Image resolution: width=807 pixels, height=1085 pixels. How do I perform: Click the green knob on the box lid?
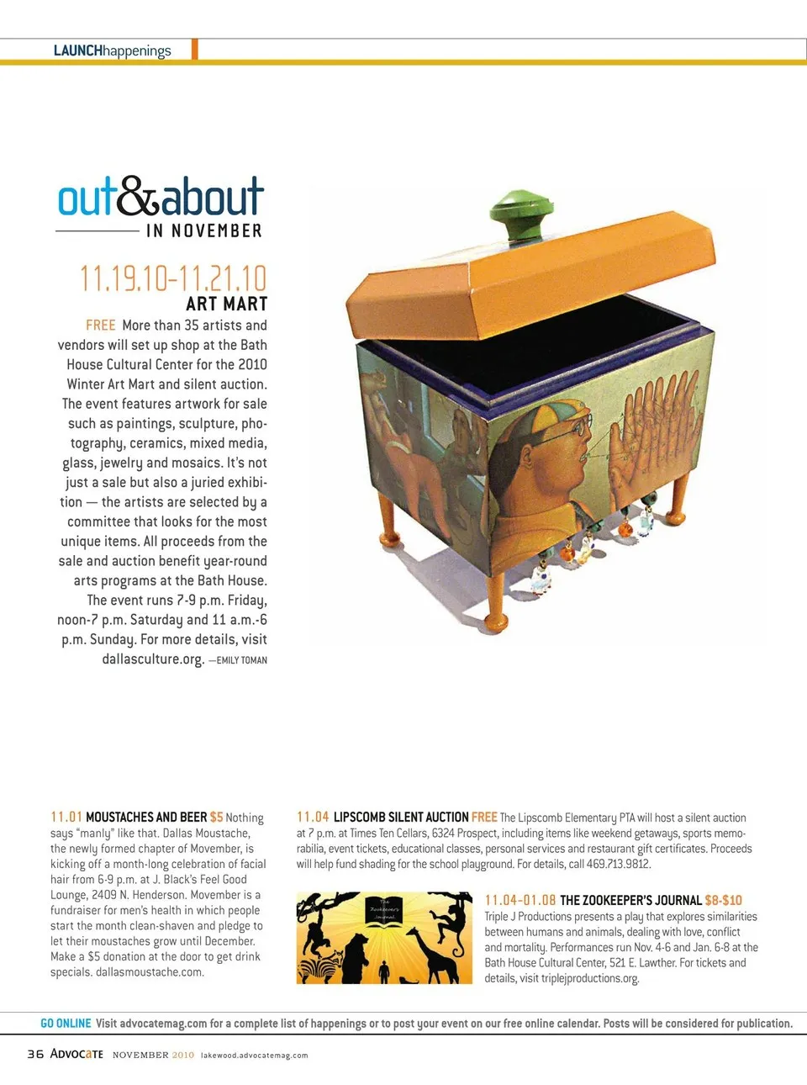point(516,214)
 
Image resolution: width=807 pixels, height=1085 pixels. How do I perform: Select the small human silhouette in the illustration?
point(384,972)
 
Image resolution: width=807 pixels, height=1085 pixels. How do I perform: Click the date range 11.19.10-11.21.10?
point(173,278)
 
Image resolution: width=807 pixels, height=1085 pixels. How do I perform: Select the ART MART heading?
point(226,304)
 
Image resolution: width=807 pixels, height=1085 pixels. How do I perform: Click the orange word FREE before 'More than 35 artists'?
point(101,325)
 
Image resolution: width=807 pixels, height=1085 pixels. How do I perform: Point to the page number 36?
point(35,1054)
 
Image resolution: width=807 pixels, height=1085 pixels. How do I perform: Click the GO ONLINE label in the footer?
point(66,1024)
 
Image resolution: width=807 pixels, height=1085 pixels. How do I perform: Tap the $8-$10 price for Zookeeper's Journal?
point(723,900)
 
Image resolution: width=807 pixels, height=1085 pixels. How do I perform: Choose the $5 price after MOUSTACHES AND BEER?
point(216,817)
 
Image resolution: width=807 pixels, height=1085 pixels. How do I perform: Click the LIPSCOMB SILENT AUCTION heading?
point(401,817)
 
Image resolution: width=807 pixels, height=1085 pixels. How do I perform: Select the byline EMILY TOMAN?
point(242,660)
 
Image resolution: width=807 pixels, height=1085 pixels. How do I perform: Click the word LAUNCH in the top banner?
point(77,50)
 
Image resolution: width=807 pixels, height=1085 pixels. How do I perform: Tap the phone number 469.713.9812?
point(618,864)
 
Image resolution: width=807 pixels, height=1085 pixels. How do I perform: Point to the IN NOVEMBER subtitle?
point(204,230)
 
